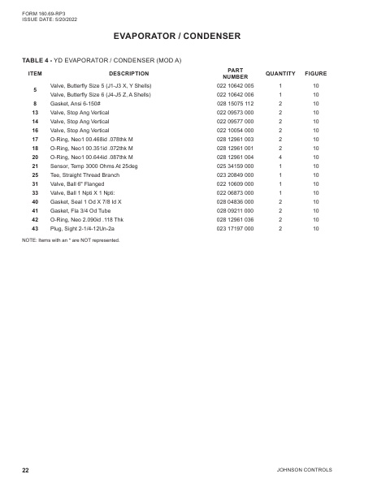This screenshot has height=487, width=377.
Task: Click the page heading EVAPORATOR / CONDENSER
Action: pos(188,36)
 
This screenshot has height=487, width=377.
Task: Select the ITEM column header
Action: pos(35,74)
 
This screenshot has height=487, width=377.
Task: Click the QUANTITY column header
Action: pos(280,74)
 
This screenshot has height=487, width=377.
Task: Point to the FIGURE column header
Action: pos(316,74)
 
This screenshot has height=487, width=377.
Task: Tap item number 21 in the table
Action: pos(35,166)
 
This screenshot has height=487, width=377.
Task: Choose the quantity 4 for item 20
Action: pos(280,157)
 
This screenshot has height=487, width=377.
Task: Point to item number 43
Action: pos(35,228)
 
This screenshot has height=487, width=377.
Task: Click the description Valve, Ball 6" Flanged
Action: pos(82,183)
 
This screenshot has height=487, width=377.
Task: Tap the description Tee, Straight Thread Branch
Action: pos(85,175)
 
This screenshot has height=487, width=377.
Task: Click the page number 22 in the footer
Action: pos(25,471)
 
